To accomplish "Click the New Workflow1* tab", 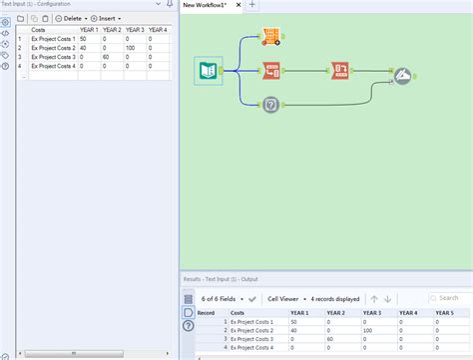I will coord(210,5).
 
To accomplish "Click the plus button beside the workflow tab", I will coord(252,5).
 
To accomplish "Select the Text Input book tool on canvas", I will coord(208,72).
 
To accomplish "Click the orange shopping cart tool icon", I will coord(270,37).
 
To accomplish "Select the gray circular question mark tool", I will coord(270,104).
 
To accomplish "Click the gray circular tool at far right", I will coord(402,75).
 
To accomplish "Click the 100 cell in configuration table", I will coord(130,48).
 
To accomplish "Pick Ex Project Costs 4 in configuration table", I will coord(52,66).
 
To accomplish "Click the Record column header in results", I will coord(206,313).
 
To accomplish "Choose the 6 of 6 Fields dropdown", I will coord(223,298).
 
